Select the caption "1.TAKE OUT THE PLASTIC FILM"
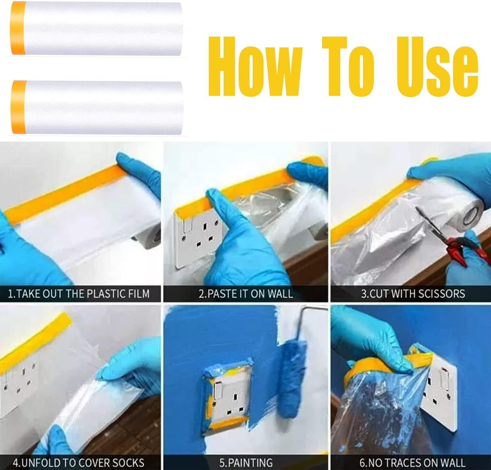tap(79, 293)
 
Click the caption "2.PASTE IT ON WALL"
tap(245, 293)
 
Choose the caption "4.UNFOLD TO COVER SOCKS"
tap(79, 462)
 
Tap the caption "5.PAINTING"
tap(245, 462)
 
